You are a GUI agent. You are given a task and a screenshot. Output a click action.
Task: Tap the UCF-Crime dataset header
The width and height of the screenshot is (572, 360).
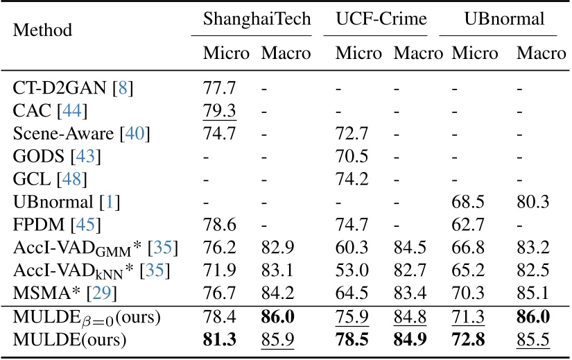point(381,19)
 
